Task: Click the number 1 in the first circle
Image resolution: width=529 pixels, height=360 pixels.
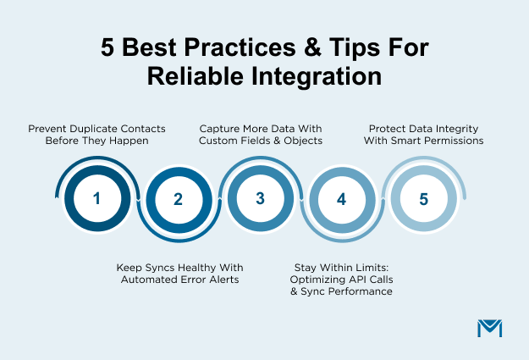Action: tap(96, 199)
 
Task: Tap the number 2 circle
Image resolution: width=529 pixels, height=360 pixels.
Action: tap(178, 200)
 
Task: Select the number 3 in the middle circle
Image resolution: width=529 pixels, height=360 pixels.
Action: tap(261, 199)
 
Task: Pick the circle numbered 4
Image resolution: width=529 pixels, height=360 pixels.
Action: tap(342, 200)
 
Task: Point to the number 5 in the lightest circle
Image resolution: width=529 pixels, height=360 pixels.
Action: tap(424, 199)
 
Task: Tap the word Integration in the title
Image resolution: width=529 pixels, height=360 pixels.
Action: tap(314, 76)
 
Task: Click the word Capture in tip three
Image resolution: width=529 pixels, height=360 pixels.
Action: tap(220, 129)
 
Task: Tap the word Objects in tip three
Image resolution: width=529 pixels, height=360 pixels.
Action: tap(300, 141)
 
